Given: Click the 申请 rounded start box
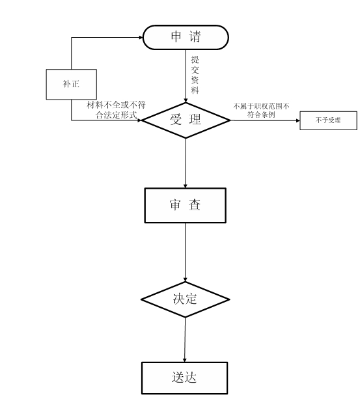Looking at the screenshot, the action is click(186, 37).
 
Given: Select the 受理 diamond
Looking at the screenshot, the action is click(186, 120).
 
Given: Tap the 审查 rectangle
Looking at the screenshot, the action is click(185, 206).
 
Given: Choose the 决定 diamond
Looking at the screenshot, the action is click(185, 299).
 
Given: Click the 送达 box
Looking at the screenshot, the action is click(184, 377).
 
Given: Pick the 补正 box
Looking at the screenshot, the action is click(71, 85).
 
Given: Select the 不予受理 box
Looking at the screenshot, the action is click(328, 120).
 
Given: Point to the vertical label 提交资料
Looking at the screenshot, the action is click(195, 75).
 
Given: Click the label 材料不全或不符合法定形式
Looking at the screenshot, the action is click(116, 110).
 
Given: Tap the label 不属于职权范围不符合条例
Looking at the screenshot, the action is click(261, 110).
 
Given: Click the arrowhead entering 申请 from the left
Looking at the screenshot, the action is click(141, 38).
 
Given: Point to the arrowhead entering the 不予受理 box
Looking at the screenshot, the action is click(298, 120).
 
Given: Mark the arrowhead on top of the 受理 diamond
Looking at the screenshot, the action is click(186, 100).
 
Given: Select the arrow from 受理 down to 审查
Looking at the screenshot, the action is click(186, 163).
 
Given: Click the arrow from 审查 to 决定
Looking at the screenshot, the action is click(185, 253).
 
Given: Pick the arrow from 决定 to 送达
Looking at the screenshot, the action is click(185, 340).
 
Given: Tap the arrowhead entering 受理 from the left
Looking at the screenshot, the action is click(139, 120).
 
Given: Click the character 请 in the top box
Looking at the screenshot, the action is click(195, 36).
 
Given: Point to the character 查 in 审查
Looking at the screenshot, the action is click(195, 205).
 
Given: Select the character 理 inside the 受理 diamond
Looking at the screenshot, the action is click(195, 119).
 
